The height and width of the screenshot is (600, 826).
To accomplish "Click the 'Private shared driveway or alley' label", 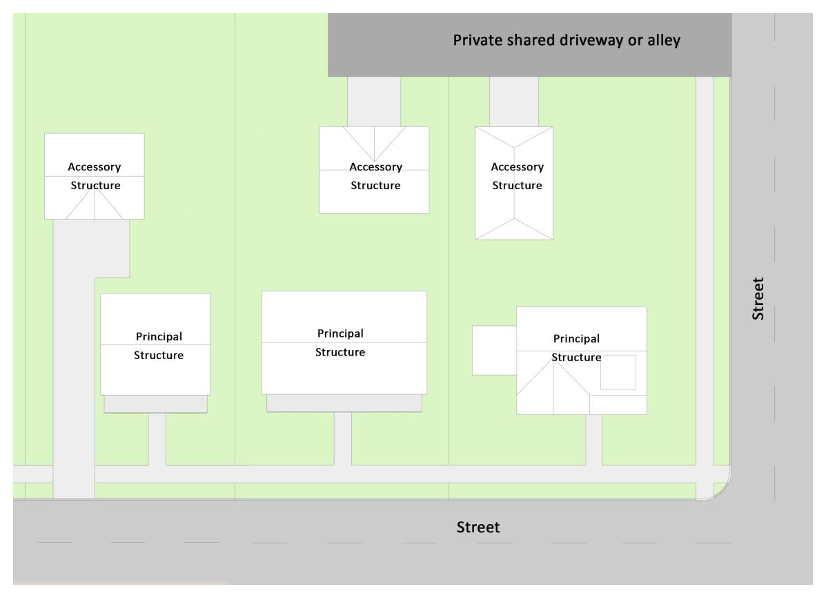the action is [567, 41].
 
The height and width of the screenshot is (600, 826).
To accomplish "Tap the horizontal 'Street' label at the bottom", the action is [478, 528].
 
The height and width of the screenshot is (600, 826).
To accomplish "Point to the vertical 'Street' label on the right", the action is [758, 298].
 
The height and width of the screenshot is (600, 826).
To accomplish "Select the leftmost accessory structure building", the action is [95, 176].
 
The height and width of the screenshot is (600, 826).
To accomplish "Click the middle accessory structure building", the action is [374, 170].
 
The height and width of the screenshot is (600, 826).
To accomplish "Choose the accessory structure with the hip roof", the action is [514, 183].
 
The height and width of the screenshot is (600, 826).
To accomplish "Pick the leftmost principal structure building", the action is [155, 345].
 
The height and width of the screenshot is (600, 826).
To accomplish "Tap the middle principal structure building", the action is [344, 342].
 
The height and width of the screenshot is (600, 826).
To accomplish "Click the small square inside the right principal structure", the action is [618, 372].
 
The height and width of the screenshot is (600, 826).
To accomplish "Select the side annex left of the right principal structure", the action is [494, 351].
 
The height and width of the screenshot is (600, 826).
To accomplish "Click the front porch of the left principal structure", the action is [155, 404].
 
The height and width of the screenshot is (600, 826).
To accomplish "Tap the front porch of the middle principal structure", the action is [344, 403].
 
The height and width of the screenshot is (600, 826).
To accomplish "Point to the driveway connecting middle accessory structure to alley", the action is [374, 101].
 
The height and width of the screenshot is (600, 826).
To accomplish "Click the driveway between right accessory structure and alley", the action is [514, 101].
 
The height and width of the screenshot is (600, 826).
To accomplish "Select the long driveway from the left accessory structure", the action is [74, 358].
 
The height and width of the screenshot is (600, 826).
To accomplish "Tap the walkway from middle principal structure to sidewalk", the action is [343, 438].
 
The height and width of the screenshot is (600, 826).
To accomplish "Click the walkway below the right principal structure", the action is [593, 441].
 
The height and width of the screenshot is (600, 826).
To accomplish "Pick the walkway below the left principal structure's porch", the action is [157, 439].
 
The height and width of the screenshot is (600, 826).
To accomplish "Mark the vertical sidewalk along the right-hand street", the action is [705, 271].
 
